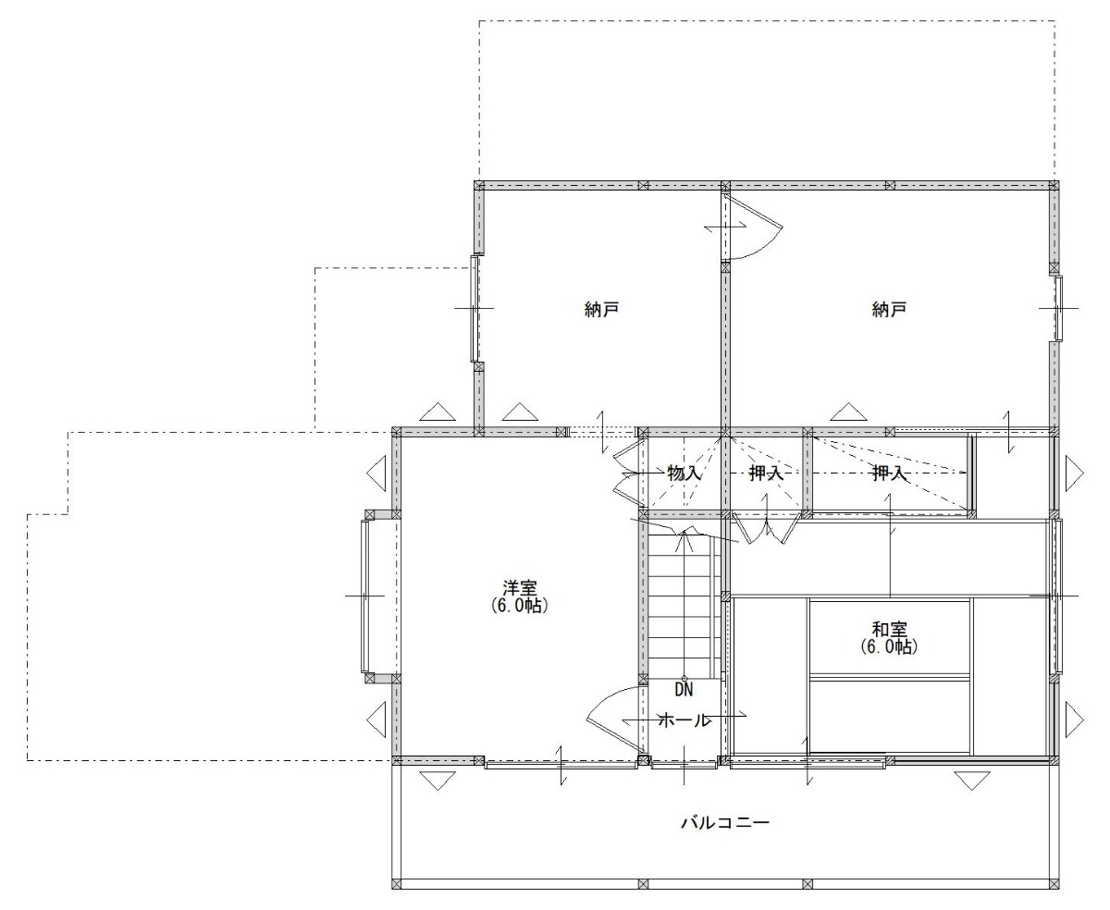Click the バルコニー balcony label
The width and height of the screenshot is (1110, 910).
(x=725, y=822)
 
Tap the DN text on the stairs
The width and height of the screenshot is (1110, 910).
(x=684, y=690)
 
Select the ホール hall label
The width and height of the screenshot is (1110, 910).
(x=684, y=720)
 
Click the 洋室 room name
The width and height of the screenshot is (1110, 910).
(x=520, y=587)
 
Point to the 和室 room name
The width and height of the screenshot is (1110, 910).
(x=890, y=629)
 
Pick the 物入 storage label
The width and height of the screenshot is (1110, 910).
(x=684, y=473)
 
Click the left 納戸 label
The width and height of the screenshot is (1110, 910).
(x=601, y=309)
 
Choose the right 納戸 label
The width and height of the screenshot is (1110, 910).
(x=889, y=309)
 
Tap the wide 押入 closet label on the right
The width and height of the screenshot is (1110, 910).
(x=890, y=473)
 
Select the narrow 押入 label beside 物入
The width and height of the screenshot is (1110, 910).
(x=766, y=473)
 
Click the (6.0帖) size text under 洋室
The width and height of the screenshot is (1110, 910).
(x=520, y=606)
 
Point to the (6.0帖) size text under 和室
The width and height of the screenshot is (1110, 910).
(x=890, y=646)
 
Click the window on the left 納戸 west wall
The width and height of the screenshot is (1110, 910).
(x=475, y=309)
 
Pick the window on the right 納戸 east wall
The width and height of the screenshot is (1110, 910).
(x=1058, y=309)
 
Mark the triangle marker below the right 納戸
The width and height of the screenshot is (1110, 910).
(x=848, y=412)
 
